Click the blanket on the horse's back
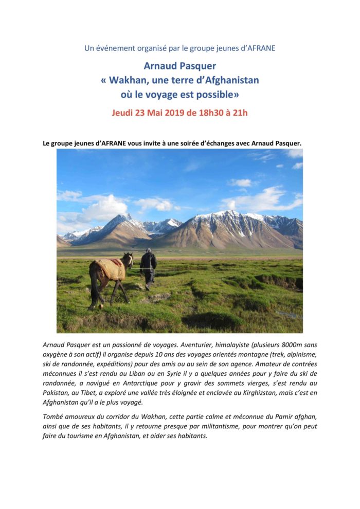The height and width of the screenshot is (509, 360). [110, 268]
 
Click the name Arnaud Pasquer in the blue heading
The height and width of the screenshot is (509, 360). [179, 65]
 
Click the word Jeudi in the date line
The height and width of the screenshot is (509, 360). [123, 113]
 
